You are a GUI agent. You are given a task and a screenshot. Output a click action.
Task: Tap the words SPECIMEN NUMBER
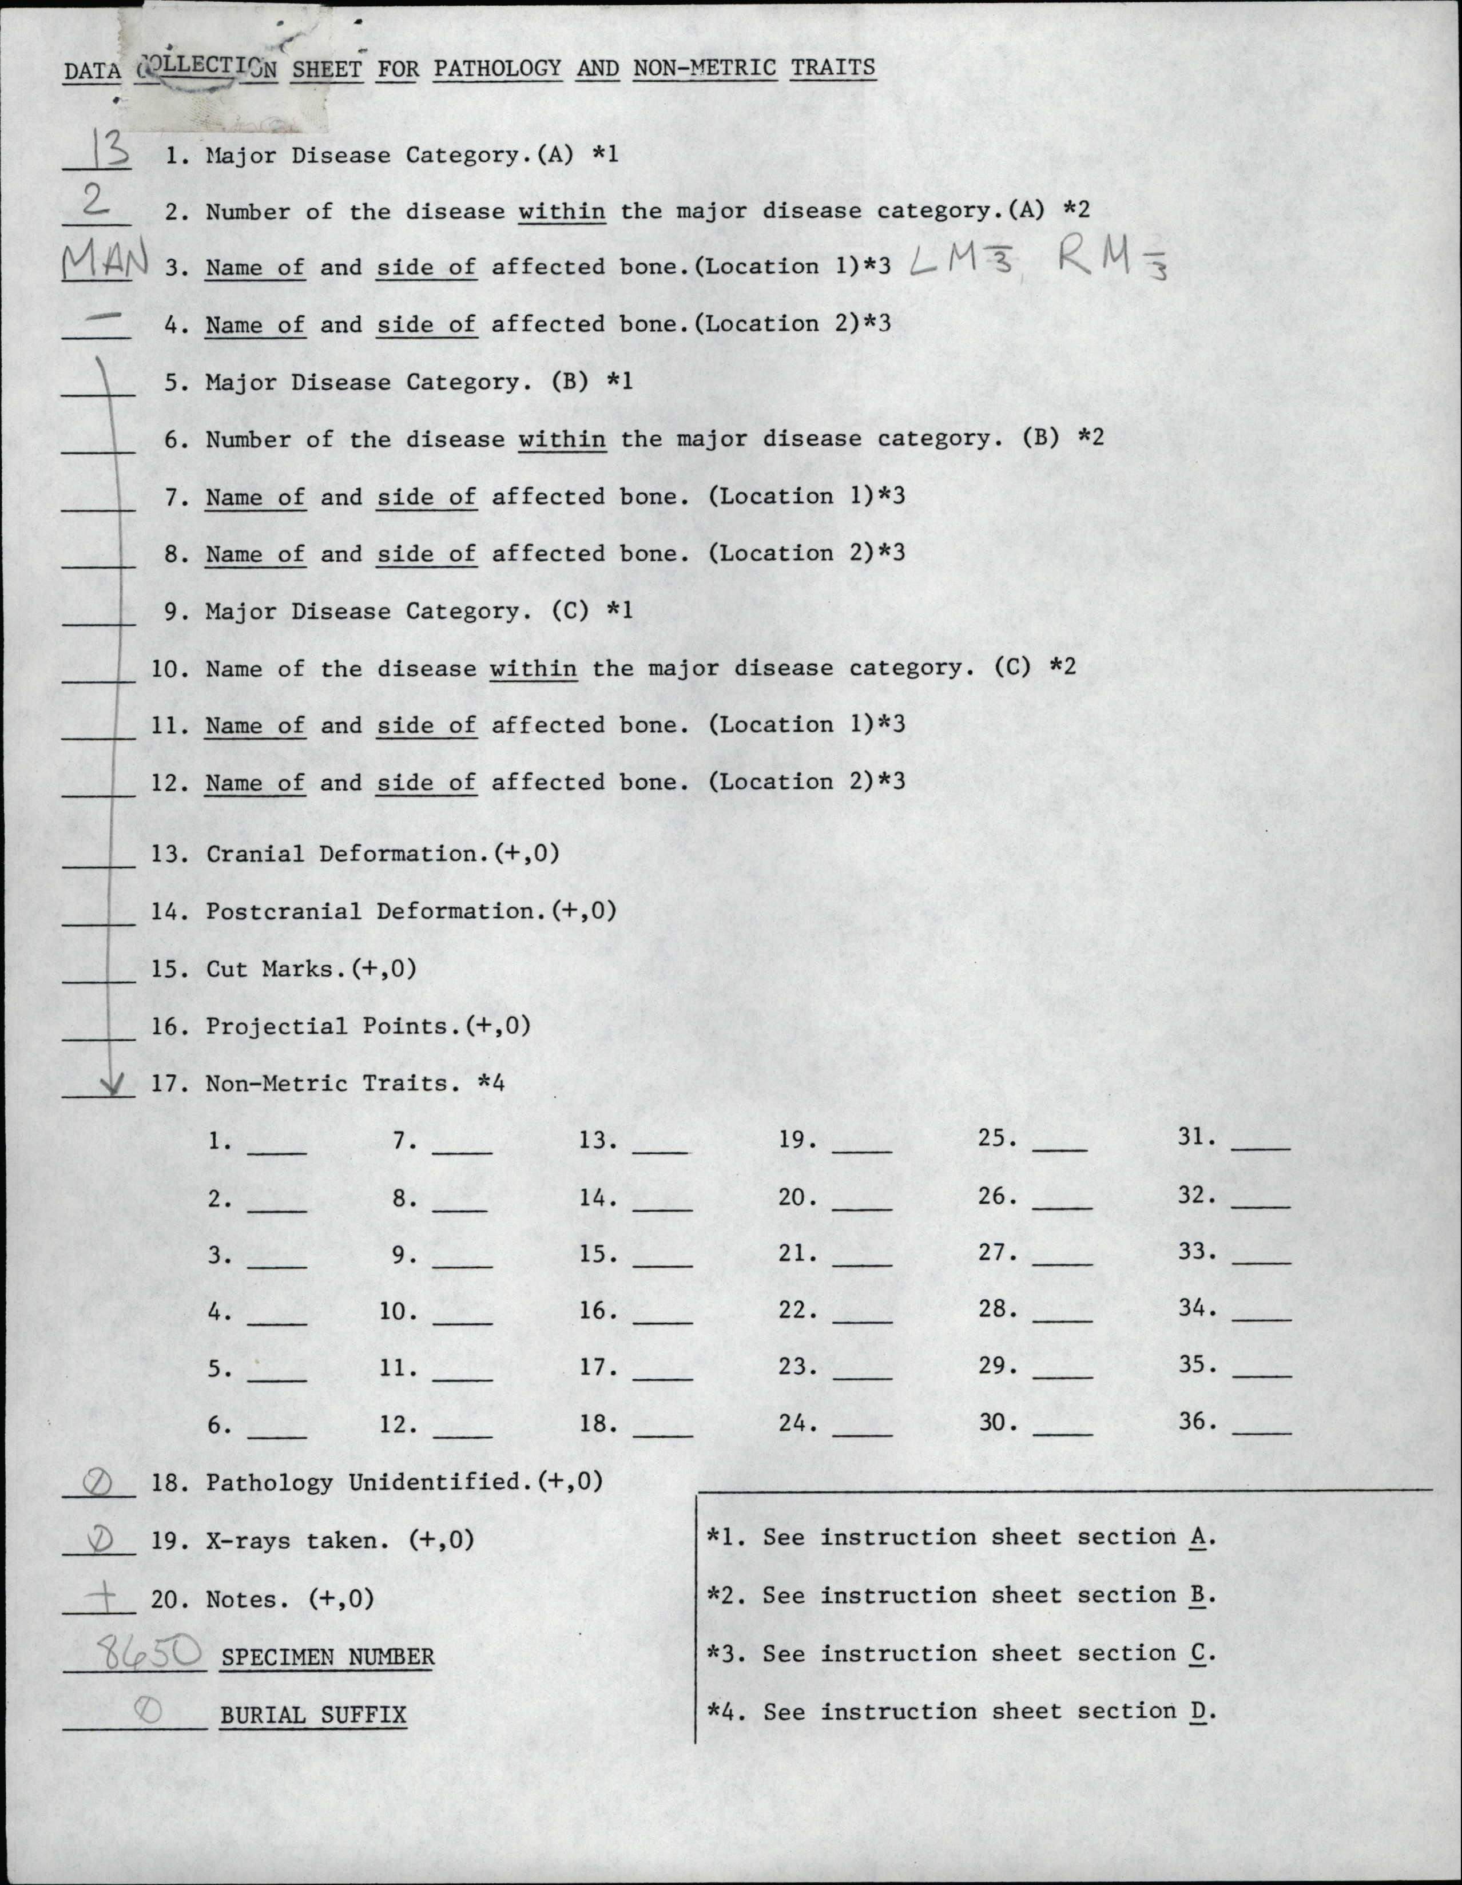327,1657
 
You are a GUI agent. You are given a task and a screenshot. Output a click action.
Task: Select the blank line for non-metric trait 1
276,1152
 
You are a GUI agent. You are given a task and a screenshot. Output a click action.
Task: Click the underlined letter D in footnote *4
1196,1712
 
